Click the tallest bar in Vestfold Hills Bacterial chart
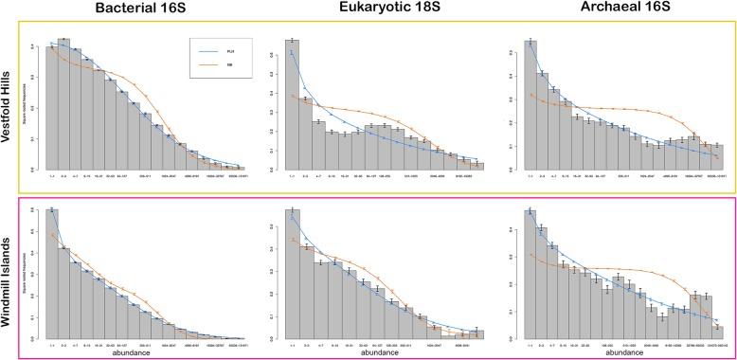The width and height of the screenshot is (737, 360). [x=63, y=104]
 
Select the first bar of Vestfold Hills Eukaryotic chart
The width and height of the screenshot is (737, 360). [x=293, y=104]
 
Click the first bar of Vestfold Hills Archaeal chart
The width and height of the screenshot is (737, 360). [x=530, y=104]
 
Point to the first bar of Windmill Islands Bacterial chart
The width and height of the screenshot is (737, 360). [x=52, y=274]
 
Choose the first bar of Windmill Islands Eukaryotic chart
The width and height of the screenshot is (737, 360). [x=293, y=274]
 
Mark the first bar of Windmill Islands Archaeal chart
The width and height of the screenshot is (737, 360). [x=530, y=274]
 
